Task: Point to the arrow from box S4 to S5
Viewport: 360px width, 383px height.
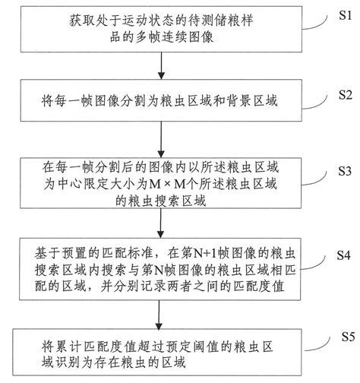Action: [160, 311]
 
